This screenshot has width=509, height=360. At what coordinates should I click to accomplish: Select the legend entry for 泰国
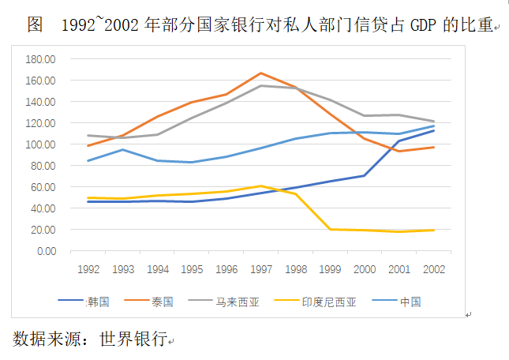(x=162, y=302)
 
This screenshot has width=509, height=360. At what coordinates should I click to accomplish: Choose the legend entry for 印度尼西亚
(x=335, y=302)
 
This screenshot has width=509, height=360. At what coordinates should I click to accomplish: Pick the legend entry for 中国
(x=410, y=302)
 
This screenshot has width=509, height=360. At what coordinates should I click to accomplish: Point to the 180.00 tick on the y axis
(x=40, y=59)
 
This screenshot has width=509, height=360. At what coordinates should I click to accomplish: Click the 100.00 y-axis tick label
(x=40, y=144)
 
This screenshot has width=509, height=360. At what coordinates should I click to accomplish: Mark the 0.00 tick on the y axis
(x=46, y=251)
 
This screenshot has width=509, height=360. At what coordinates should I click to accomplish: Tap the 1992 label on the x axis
(x=88, y=268)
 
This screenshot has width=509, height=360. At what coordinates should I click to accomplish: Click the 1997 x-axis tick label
(x=261, y=268)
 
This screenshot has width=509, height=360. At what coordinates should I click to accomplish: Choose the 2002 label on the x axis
(x=434, y=268)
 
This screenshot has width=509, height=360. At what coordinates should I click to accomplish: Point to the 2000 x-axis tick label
(x=365, y=268)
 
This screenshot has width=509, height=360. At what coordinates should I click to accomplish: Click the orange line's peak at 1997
(x=261, y=73)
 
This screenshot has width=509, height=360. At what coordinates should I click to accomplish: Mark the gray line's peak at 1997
(x=261, y=85)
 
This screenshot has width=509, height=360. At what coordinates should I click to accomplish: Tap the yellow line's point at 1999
(x=330, y=229)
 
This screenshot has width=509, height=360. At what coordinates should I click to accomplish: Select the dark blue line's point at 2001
(x=399, y=141)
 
